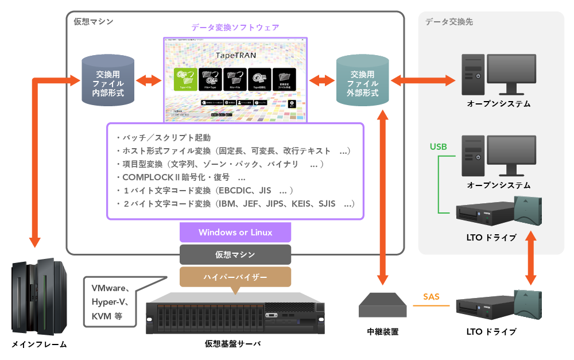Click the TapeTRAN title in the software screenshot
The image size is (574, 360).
tap(235, 56)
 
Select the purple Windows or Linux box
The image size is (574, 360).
tap(235, 233)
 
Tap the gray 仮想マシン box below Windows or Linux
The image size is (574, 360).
tap(235, 254)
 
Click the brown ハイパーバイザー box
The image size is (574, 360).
tap(235, 277)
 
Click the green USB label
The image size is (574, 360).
tap(439, 147)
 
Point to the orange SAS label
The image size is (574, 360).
tap(431, 297)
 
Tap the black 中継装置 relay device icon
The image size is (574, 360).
tap(383, 305)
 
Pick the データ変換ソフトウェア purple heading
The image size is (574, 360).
tap(235, 28)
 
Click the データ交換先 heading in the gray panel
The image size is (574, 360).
tap(449, 22)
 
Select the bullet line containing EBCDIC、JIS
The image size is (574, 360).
tap(204, 190)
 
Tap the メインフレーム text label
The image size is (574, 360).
tap(39, 344)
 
